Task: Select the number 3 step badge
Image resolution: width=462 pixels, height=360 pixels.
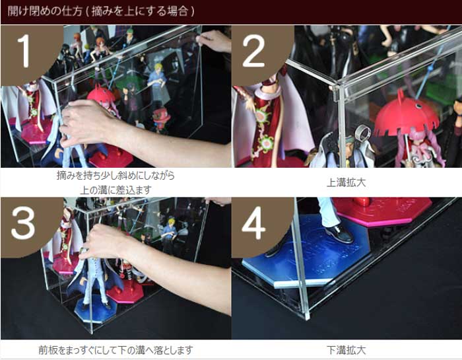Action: click(23, 225)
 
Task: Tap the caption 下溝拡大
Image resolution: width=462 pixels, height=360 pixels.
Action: click(346, 349)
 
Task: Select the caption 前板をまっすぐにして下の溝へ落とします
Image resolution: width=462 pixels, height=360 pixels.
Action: click(115, 349)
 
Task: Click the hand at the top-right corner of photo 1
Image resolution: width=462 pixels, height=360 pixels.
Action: click(214, 41)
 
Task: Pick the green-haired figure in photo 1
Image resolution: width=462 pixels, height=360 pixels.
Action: click(130, 40)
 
